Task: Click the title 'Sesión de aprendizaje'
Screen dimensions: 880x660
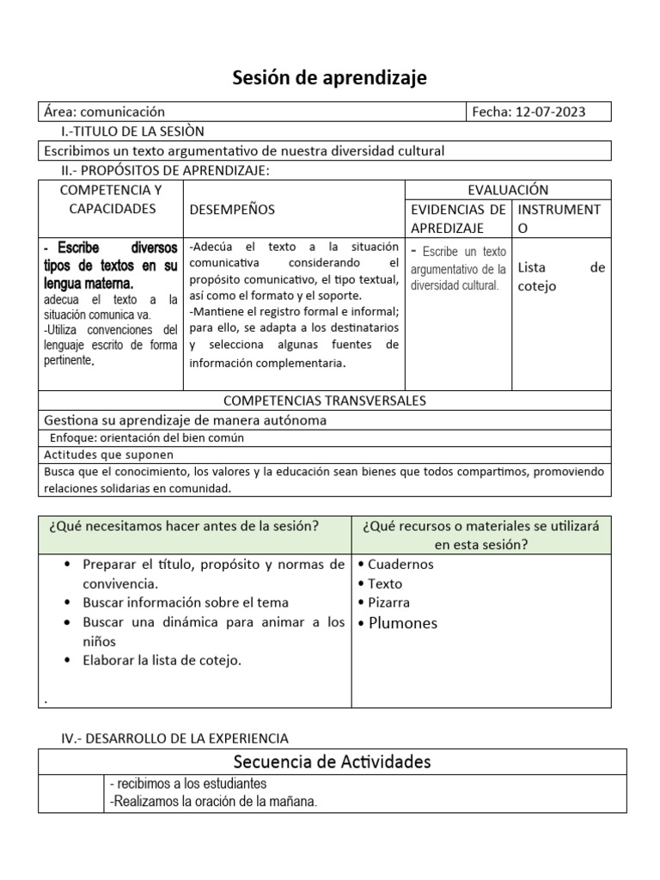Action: pos(330,79)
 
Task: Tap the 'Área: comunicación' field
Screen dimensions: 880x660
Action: pos(103,112)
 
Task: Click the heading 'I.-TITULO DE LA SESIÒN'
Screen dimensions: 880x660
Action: pos(133,131)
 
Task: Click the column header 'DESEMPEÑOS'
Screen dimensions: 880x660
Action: pos(232,209)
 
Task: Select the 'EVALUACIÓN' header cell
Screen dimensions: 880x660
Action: pos(507,190)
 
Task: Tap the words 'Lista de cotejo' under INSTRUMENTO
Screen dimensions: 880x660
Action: pos(561,277)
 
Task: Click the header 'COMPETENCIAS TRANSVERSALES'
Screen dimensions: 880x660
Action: pos(325,400)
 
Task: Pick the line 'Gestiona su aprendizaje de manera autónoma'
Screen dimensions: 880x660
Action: pos(185,420)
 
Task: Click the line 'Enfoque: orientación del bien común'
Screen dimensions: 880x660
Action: pos(147,437)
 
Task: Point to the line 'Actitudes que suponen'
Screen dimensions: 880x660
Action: pos(108,455)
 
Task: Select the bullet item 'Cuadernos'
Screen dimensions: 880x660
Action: pos(400,565)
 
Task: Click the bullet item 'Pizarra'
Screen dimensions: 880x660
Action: pos(388,602)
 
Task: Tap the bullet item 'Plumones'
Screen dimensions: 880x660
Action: pos(402,623)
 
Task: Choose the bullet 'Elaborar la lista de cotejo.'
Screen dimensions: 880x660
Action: pos(162,660)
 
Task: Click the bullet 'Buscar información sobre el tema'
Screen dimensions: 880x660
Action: pos(186,602)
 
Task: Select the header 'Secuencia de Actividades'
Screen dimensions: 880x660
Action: pos(332,761)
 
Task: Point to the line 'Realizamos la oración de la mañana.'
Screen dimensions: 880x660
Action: pos(214,802)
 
